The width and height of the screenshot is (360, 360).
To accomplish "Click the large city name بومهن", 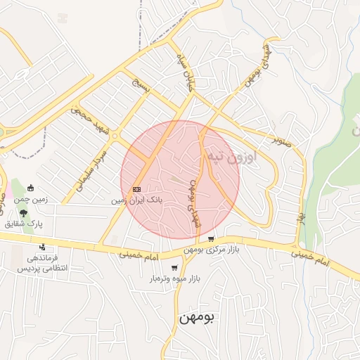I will [200, 317].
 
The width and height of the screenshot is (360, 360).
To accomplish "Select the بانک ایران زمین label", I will [136, 200].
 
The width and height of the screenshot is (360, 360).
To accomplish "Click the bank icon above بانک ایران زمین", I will [136, 188].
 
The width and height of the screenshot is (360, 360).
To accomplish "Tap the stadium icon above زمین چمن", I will [31, 188].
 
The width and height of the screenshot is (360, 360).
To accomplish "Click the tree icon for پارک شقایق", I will [25, 212].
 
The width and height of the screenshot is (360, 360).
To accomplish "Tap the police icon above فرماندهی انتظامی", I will [44, 247].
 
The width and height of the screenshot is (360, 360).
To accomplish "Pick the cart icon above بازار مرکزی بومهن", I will [211, 239].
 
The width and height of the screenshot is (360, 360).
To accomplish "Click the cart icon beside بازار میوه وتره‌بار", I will [174, 268].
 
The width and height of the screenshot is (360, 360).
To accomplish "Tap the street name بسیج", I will [143, 87].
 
